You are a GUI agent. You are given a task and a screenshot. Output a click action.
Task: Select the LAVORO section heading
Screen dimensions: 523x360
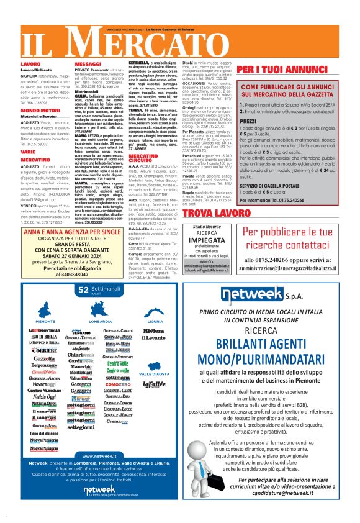31,64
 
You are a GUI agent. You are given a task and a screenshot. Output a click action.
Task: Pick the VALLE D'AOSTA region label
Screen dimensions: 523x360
155,374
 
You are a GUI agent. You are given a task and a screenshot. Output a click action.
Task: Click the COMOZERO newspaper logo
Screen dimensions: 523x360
118,385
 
